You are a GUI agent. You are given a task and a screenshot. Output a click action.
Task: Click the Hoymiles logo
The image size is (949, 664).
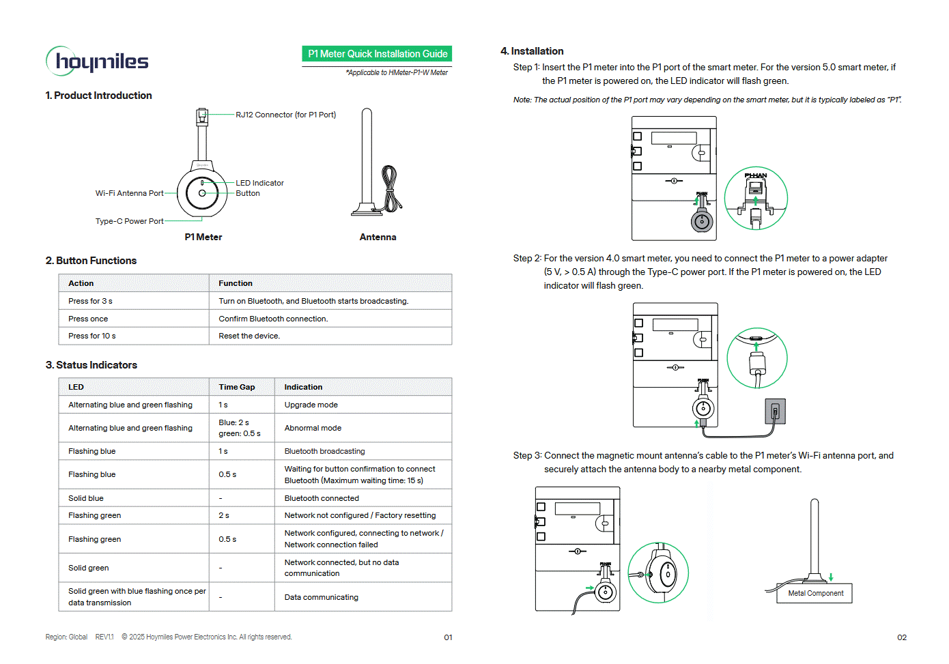97,61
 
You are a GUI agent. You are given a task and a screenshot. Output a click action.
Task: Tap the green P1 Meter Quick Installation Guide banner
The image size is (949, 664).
377,54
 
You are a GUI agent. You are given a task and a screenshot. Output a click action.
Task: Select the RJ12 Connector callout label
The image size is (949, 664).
285,115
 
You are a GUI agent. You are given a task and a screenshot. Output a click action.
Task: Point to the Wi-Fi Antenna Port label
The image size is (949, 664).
130,193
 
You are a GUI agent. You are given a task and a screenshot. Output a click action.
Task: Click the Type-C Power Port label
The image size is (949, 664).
130,221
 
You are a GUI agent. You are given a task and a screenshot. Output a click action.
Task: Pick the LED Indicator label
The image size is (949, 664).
259,183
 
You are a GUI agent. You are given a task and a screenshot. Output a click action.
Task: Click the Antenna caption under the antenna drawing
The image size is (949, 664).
378,237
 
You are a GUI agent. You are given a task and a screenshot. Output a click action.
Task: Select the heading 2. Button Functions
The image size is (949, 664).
91,261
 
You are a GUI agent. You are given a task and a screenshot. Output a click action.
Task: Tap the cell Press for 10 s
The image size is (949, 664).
92,336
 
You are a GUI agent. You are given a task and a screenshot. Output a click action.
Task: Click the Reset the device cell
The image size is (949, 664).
249,336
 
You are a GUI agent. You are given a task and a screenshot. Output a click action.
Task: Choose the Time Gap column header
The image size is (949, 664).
236,387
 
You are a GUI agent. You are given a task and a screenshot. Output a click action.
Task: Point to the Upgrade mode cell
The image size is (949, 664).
311,405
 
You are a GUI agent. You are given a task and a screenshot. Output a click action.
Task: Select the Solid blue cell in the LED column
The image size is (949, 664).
86,498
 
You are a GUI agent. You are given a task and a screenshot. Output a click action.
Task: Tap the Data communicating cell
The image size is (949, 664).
321,597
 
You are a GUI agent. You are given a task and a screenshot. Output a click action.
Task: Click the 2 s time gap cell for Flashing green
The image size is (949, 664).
224,515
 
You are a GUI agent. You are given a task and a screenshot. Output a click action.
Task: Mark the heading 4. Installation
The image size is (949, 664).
532,51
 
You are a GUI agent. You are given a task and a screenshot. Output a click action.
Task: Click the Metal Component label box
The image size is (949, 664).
815,593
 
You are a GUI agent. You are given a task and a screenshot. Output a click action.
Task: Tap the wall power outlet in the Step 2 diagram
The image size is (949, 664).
775,412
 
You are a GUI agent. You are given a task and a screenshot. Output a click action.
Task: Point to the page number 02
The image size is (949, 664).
901,637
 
